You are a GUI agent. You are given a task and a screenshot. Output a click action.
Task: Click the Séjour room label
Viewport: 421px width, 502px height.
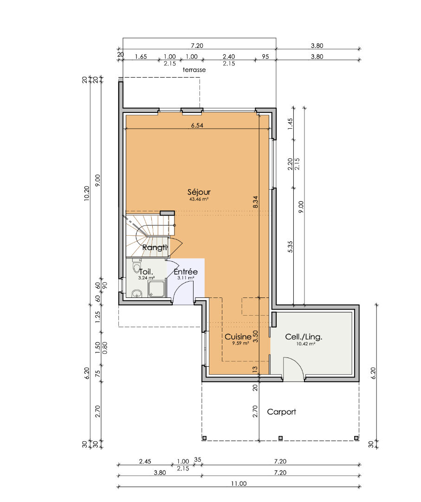[199, 192]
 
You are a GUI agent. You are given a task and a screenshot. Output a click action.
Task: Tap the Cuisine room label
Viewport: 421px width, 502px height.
[238, 337]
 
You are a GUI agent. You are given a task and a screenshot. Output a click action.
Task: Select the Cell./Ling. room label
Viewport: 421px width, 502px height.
[304, 337]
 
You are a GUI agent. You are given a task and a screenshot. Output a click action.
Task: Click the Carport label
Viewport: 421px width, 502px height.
[281, 412]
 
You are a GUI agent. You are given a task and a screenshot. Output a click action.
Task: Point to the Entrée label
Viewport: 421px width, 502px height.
[186, 271]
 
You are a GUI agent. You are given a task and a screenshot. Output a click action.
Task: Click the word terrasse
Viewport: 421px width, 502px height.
[194, 70]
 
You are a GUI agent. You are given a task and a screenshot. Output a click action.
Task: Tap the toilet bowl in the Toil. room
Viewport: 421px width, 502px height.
[136, 267]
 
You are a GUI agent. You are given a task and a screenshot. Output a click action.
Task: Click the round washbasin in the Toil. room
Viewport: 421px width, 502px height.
[137, 293]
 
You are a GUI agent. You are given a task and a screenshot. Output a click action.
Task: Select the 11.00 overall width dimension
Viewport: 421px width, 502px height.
[239, 483]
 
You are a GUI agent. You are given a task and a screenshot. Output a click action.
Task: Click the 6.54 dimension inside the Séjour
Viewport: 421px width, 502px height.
[197, 125]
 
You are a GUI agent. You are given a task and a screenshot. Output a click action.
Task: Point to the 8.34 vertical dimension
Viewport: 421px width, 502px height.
[255, 202]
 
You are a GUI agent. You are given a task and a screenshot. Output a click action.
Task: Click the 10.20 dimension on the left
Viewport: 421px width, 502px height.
[87, 193]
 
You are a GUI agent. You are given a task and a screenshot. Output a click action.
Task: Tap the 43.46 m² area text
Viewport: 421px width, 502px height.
[199, 199]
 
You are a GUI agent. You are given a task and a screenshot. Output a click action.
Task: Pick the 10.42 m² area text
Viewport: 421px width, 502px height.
[305, 344]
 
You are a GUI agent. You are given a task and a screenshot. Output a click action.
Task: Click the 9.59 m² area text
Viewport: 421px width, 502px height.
[240, 343]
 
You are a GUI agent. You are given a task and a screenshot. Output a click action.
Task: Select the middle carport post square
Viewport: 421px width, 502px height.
[280, 438]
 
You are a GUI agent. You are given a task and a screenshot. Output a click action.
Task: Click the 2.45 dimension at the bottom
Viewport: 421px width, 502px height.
[145, 462]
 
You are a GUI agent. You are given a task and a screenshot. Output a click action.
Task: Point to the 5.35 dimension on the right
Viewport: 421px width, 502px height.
[290, 246]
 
